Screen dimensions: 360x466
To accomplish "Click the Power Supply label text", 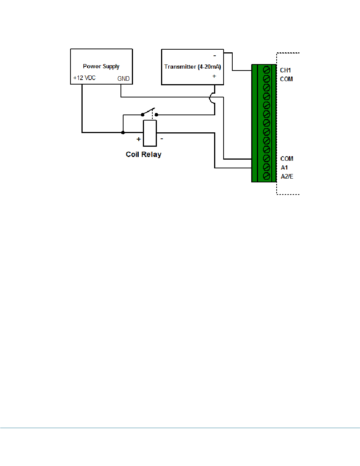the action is [x=101, y=66].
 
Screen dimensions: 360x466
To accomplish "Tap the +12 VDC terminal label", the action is [x=84, y=78].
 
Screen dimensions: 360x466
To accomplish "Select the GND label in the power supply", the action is [x=124, y=79].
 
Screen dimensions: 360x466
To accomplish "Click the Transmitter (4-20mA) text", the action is [x=193, y=67].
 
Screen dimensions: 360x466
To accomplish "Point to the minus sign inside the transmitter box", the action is [x=214, y=56].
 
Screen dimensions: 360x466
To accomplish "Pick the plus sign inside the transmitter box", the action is [x=214, y=76].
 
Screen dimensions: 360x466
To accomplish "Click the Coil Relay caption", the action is [x=143, y=155].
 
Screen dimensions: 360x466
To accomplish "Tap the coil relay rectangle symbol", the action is [x=150, y=133].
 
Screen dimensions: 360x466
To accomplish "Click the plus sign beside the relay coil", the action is [x=139, y=139].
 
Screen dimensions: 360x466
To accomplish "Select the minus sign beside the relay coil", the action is [x=162, y=139].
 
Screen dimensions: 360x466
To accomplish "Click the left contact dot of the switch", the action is [x=143, y=115].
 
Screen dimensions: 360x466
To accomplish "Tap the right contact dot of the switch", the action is [x=157, y=115].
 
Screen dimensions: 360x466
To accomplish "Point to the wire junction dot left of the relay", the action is [x=123, y=133].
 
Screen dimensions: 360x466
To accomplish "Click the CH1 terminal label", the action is [x=285, y=71].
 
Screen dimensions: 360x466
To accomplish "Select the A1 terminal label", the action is [x=284, y=168].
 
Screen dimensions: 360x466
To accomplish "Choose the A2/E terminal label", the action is [x=287, y=176].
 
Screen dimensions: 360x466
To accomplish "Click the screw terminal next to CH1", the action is [x=266, y=70].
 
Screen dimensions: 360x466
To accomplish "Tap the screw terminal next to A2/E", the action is [x=266, y=176].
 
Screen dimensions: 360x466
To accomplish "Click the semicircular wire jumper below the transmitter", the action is [x=210, y=98].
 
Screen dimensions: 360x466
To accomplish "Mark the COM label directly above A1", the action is [x=287, y=159].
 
